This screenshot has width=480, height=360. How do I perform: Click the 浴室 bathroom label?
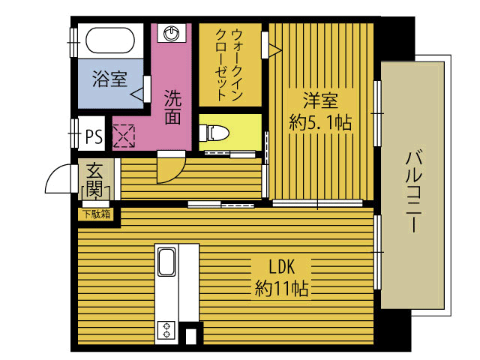(x=109, y=79)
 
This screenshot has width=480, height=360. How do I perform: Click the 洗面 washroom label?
(x=173, y=106)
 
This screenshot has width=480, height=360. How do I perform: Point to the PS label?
(x=94, y=136)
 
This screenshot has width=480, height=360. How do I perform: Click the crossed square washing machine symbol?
(x=123, y=135)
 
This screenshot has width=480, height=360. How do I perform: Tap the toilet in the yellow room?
(x=215, y=133)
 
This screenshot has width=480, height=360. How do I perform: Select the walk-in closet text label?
(x=229, y=64)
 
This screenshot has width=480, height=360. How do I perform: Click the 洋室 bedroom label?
(x=320, y=100)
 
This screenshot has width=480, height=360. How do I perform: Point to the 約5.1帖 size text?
(x=320, y=122)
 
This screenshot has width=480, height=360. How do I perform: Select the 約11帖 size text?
(x=283, y=287)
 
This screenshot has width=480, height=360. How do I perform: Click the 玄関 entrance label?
(x=94, y=180)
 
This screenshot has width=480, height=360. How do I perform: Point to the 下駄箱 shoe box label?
(x=96, y=214)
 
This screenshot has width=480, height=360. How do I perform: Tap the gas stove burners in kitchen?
(x=166, y=329)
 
